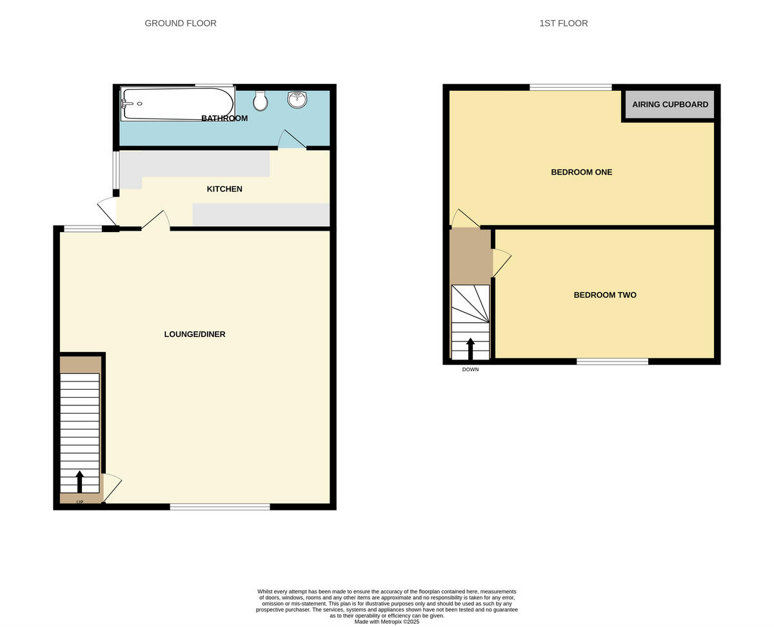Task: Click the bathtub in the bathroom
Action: point(177,104)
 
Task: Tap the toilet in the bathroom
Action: point(261,101)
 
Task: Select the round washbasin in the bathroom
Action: point(297,99)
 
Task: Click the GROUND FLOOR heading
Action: point(181,23)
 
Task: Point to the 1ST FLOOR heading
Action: point(564,23)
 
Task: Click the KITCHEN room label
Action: point(224,189)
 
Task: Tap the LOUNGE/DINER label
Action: point(195,334)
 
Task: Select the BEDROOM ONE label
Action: point(581,172)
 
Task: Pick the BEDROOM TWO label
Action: point(605,294)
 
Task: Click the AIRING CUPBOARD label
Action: point(670,104)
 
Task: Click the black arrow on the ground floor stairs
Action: point(80,481)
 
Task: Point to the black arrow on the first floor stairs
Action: point(470,348)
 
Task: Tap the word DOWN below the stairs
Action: point(470,369)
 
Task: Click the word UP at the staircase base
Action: point(80,502)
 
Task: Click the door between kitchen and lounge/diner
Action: point(155,220)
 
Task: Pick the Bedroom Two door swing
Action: point(501,262)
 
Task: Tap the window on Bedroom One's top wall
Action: point(571,87)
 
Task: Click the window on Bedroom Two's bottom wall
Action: point(612,362)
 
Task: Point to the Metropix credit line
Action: point(387,622)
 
